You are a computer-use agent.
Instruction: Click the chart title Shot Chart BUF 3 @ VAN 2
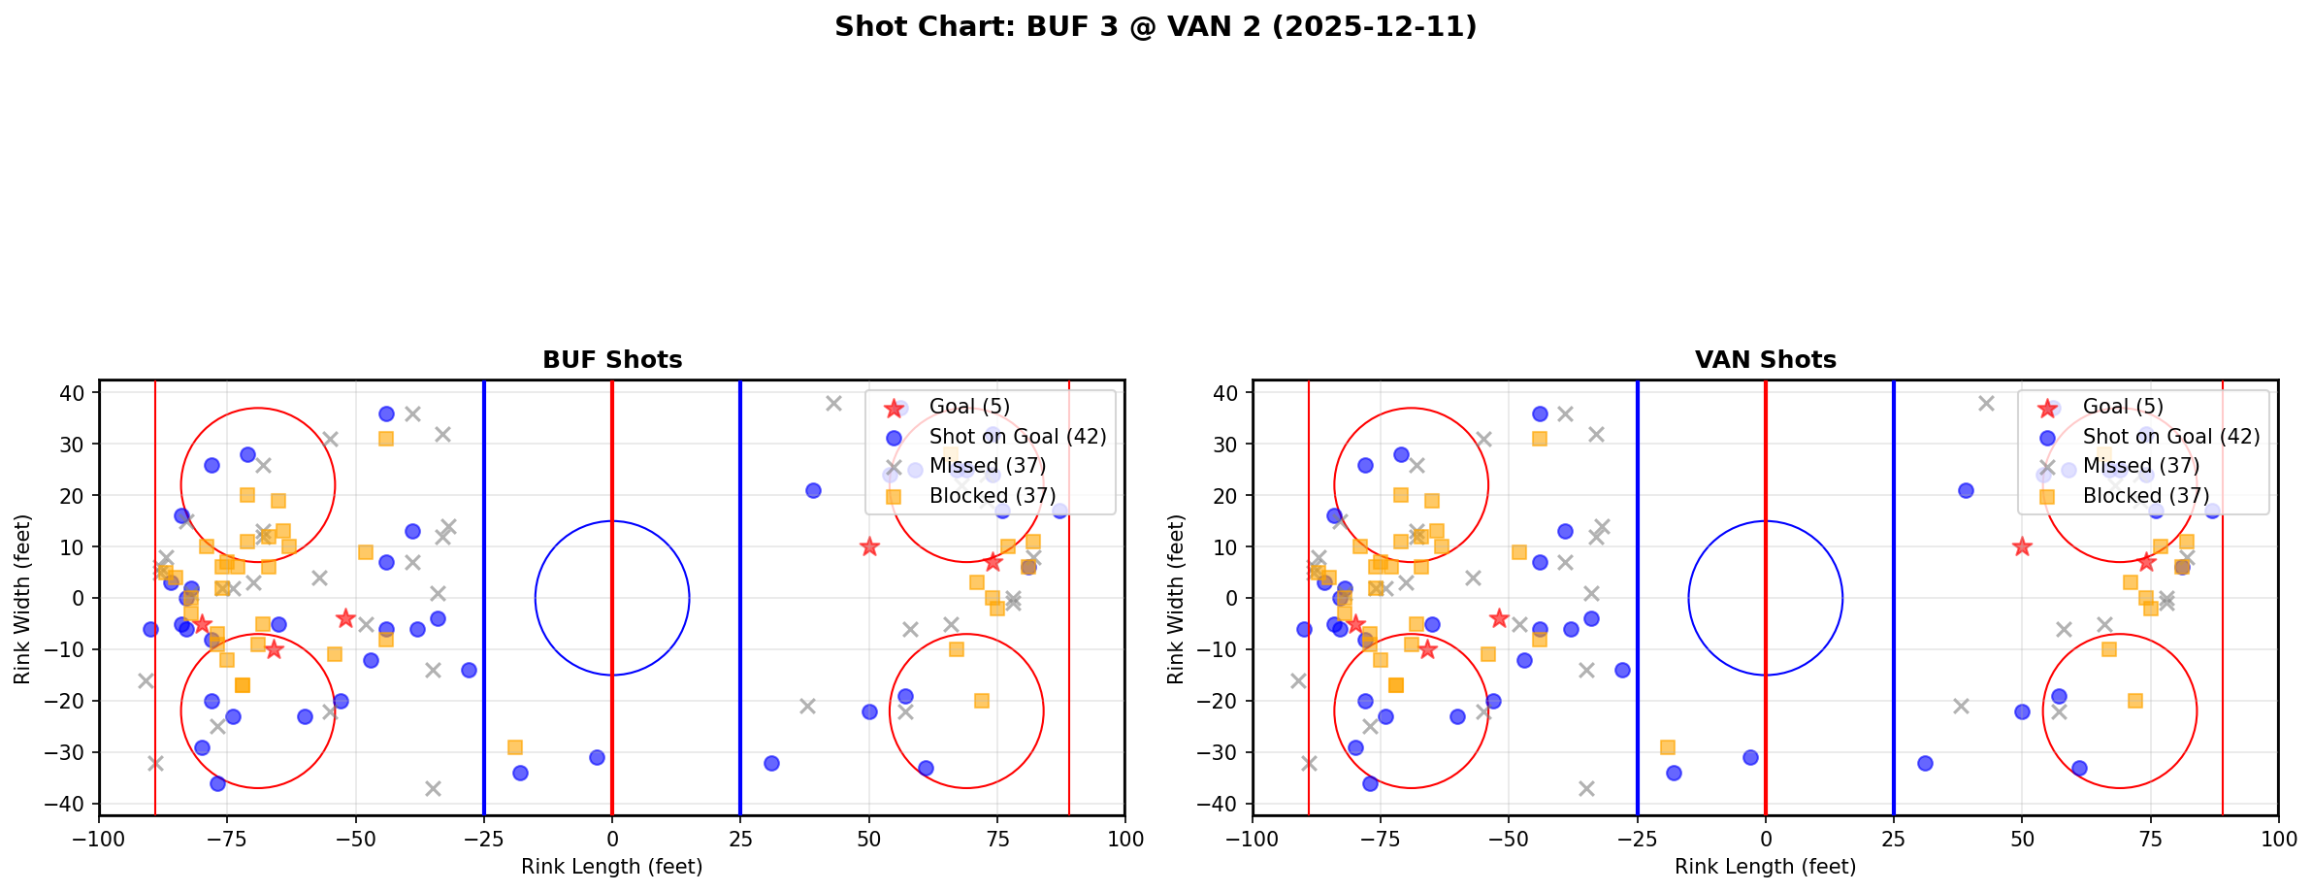[x=1155, y=27]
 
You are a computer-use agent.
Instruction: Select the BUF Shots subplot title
[x=612, y=360]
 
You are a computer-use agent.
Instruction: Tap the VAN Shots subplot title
[x=1765, y=360]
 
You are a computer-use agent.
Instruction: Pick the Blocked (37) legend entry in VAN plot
[x=2145, y=496]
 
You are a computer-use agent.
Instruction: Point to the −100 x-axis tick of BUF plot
[x=100, y=839]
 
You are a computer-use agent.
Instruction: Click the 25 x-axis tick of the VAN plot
[x=1893, y=839]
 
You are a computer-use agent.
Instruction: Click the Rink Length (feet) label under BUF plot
[x=611, y=867]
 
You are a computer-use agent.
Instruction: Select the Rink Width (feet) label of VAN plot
[x=1176, y=599]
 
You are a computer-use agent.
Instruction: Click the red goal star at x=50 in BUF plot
[x=869, y=546]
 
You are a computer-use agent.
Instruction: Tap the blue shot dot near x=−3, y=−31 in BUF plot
[x=597, y=757]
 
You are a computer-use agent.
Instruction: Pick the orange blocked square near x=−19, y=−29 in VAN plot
[x=1668, y=747]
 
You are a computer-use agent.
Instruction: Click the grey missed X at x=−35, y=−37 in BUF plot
[x=433, y=788]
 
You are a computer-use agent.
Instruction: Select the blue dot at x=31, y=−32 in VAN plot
[x=1925, y=763]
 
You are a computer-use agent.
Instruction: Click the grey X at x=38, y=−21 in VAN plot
[x=1961, y=706]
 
